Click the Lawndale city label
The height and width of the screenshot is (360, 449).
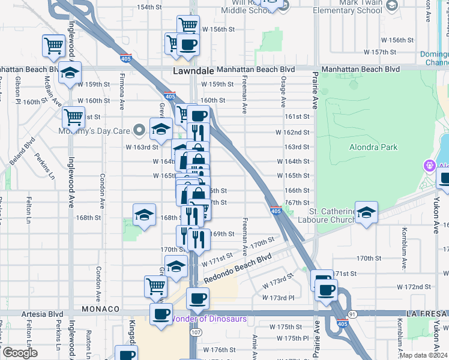pyautogui.click(x=193, y=70)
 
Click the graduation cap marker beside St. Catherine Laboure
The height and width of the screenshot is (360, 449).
pyautogui.click(x=366, y=212)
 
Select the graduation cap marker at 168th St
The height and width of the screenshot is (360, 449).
pyautogui.click(x=144, y=215)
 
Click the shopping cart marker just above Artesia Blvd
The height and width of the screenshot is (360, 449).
pyautogui.click(x=155, y=286)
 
